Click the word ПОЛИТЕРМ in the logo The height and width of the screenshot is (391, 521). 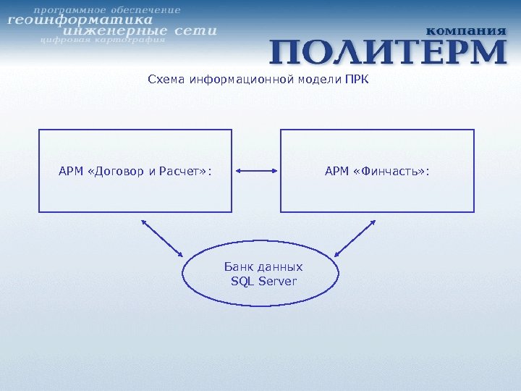click(x=389, y=52)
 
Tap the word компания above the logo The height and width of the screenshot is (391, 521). click(x=465, y=30)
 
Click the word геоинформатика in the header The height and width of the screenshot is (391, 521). click(x=80, y=21)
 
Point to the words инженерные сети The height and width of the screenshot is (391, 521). click(x=140, y=31)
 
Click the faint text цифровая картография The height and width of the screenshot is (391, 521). click(x=102, y=41)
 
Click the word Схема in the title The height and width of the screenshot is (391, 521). click(x=166, y=78)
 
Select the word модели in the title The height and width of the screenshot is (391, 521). click(x=320, y=78)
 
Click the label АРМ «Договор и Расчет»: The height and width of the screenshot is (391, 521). click(x=135, y=172)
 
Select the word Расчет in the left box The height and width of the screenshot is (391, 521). click(x=187, y=172)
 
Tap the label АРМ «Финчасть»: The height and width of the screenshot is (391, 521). click(x=377, y=172)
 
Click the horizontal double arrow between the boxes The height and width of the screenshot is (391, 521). click(x=256, y=172)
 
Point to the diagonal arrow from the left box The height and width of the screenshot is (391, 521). click(x=163, y=237)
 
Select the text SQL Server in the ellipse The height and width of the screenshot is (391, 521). click(x=263, y=281)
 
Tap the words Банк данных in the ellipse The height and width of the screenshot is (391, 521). click(x=263, y=266)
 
